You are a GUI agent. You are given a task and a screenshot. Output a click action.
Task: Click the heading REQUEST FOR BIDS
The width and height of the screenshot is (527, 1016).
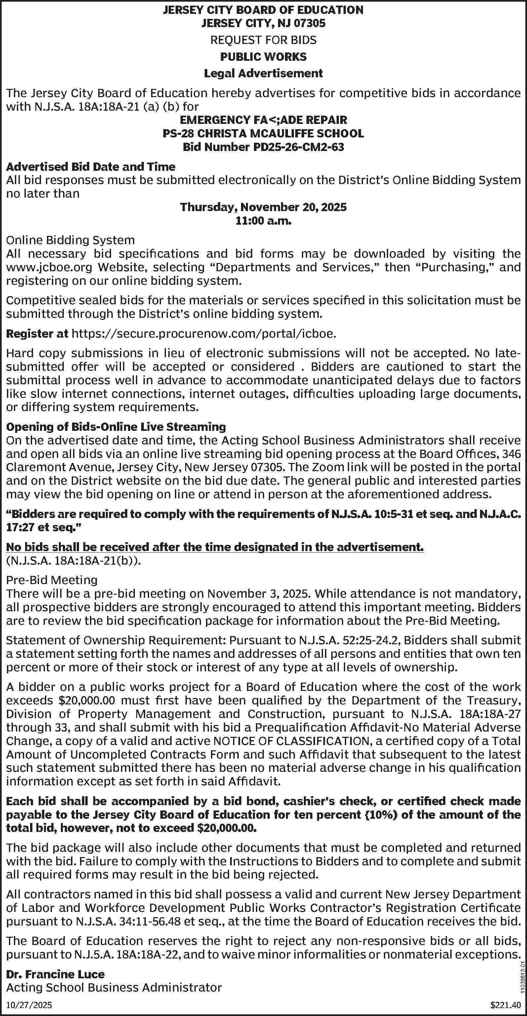[263, 40]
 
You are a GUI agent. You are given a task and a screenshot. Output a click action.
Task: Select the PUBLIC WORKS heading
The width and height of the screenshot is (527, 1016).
[263, 57]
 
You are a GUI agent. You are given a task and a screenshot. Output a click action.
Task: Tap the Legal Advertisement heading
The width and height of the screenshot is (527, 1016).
[263, 73]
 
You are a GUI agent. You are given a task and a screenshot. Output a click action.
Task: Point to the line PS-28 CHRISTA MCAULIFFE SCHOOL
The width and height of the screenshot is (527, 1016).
[263, 133]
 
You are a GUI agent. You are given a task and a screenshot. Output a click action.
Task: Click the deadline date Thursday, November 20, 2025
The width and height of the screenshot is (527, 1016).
[263, 207]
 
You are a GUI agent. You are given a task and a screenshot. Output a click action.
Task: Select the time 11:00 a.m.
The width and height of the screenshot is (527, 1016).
[263, 221]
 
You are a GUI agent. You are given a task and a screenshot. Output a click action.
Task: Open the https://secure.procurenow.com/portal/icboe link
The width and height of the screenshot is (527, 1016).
[204, 334]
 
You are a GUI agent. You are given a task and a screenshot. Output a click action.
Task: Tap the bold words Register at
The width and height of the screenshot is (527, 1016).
[37, 334]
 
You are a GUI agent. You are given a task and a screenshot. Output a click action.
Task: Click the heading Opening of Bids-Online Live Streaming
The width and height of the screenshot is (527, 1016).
[116, 427]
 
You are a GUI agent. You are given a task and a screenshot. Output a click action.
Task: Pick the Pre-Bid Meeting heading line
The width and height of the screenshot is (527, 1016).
[52, 580]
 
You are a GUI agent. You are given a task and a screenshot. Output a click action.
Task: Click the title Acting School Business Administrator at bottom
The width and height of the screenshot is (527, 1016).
[114, 988]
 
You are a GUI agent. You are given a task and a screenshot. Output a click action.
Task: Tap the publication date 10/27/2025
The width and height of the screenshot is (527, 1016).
[29, 1005]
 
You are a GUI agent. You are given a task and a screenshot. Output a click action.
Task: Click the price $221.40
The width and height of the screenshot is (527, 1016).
[506, 1005]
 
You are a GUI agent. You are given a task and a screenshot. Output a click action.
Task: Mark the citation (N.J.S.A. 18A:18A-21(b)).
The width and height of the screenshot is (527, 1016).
[73, 560]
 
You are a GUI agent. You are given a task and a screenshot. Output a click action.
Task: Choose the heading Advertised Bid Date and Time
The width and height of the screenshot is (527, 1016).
[91, 167]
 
